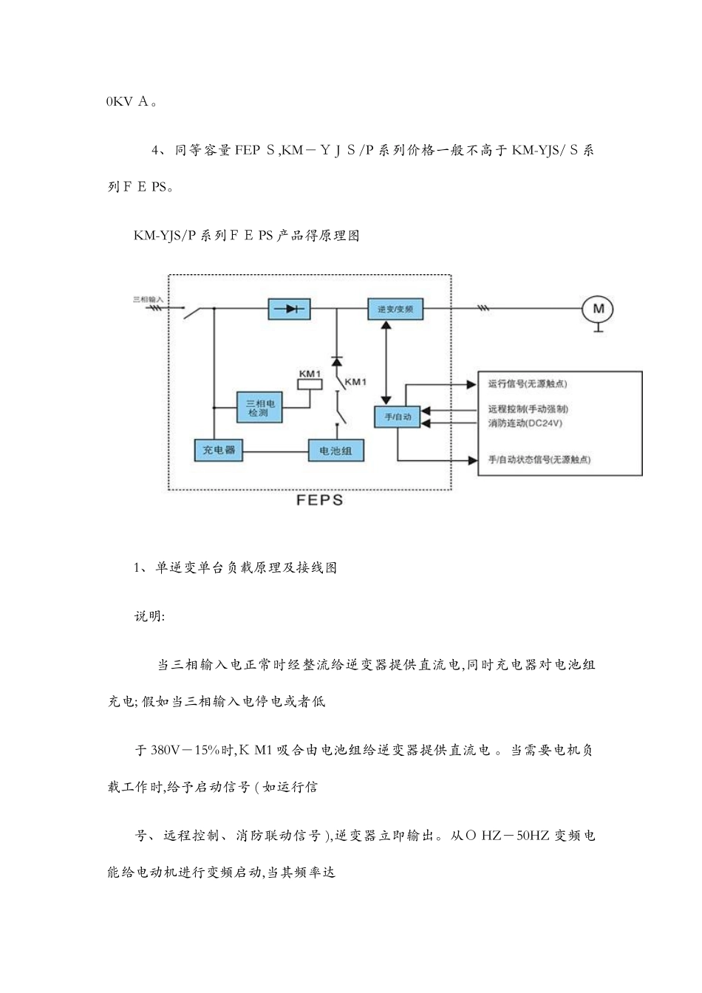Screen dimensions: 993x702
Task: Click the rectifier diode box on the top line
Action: point(289,309)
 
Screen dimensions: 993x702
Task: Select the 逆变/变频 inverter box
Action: point(395,309)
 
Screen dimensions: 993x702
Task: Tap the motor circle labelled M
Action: point(599,309)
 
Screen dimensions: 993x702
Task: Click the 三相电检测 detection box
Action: point(259,407)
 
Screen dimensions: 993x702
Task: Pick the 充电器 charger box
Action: point(219,450)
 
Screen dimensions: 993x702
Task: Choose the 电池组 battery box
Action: point(335,450)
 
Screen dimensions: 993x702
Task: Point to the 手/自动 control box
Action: point(398,417)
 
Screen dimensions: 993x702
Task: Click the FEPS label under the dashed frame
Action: point(320,500)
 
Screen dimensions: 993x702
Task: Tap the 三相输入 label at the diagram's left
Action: point(148,299)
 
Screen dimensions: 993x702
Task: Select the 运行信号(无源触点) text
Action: point(528,383)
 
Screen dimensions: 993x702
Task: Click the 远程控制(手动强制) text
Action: point(528,409)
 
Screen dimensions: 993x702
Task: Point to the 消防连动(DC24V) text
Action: point(525,423)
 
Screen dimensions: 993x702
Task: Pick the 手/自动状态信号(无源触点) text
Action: point(539,460)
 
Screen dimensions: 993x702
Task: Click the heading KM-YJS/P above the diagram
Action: point(165,236)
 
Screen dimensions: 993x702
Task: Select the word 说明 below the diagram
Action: point(149,616)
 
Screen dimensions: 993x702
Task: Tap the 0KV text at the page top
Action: point(119,102)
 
